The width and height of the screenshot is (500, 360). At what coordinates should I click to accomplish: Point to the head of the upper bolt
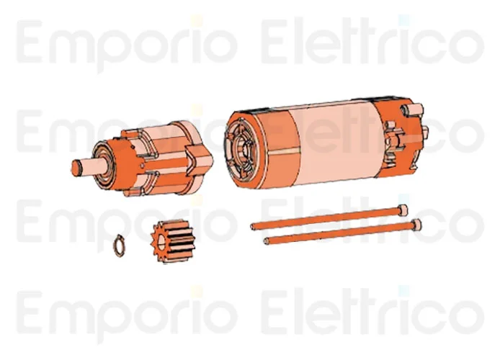click(402, 210)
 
